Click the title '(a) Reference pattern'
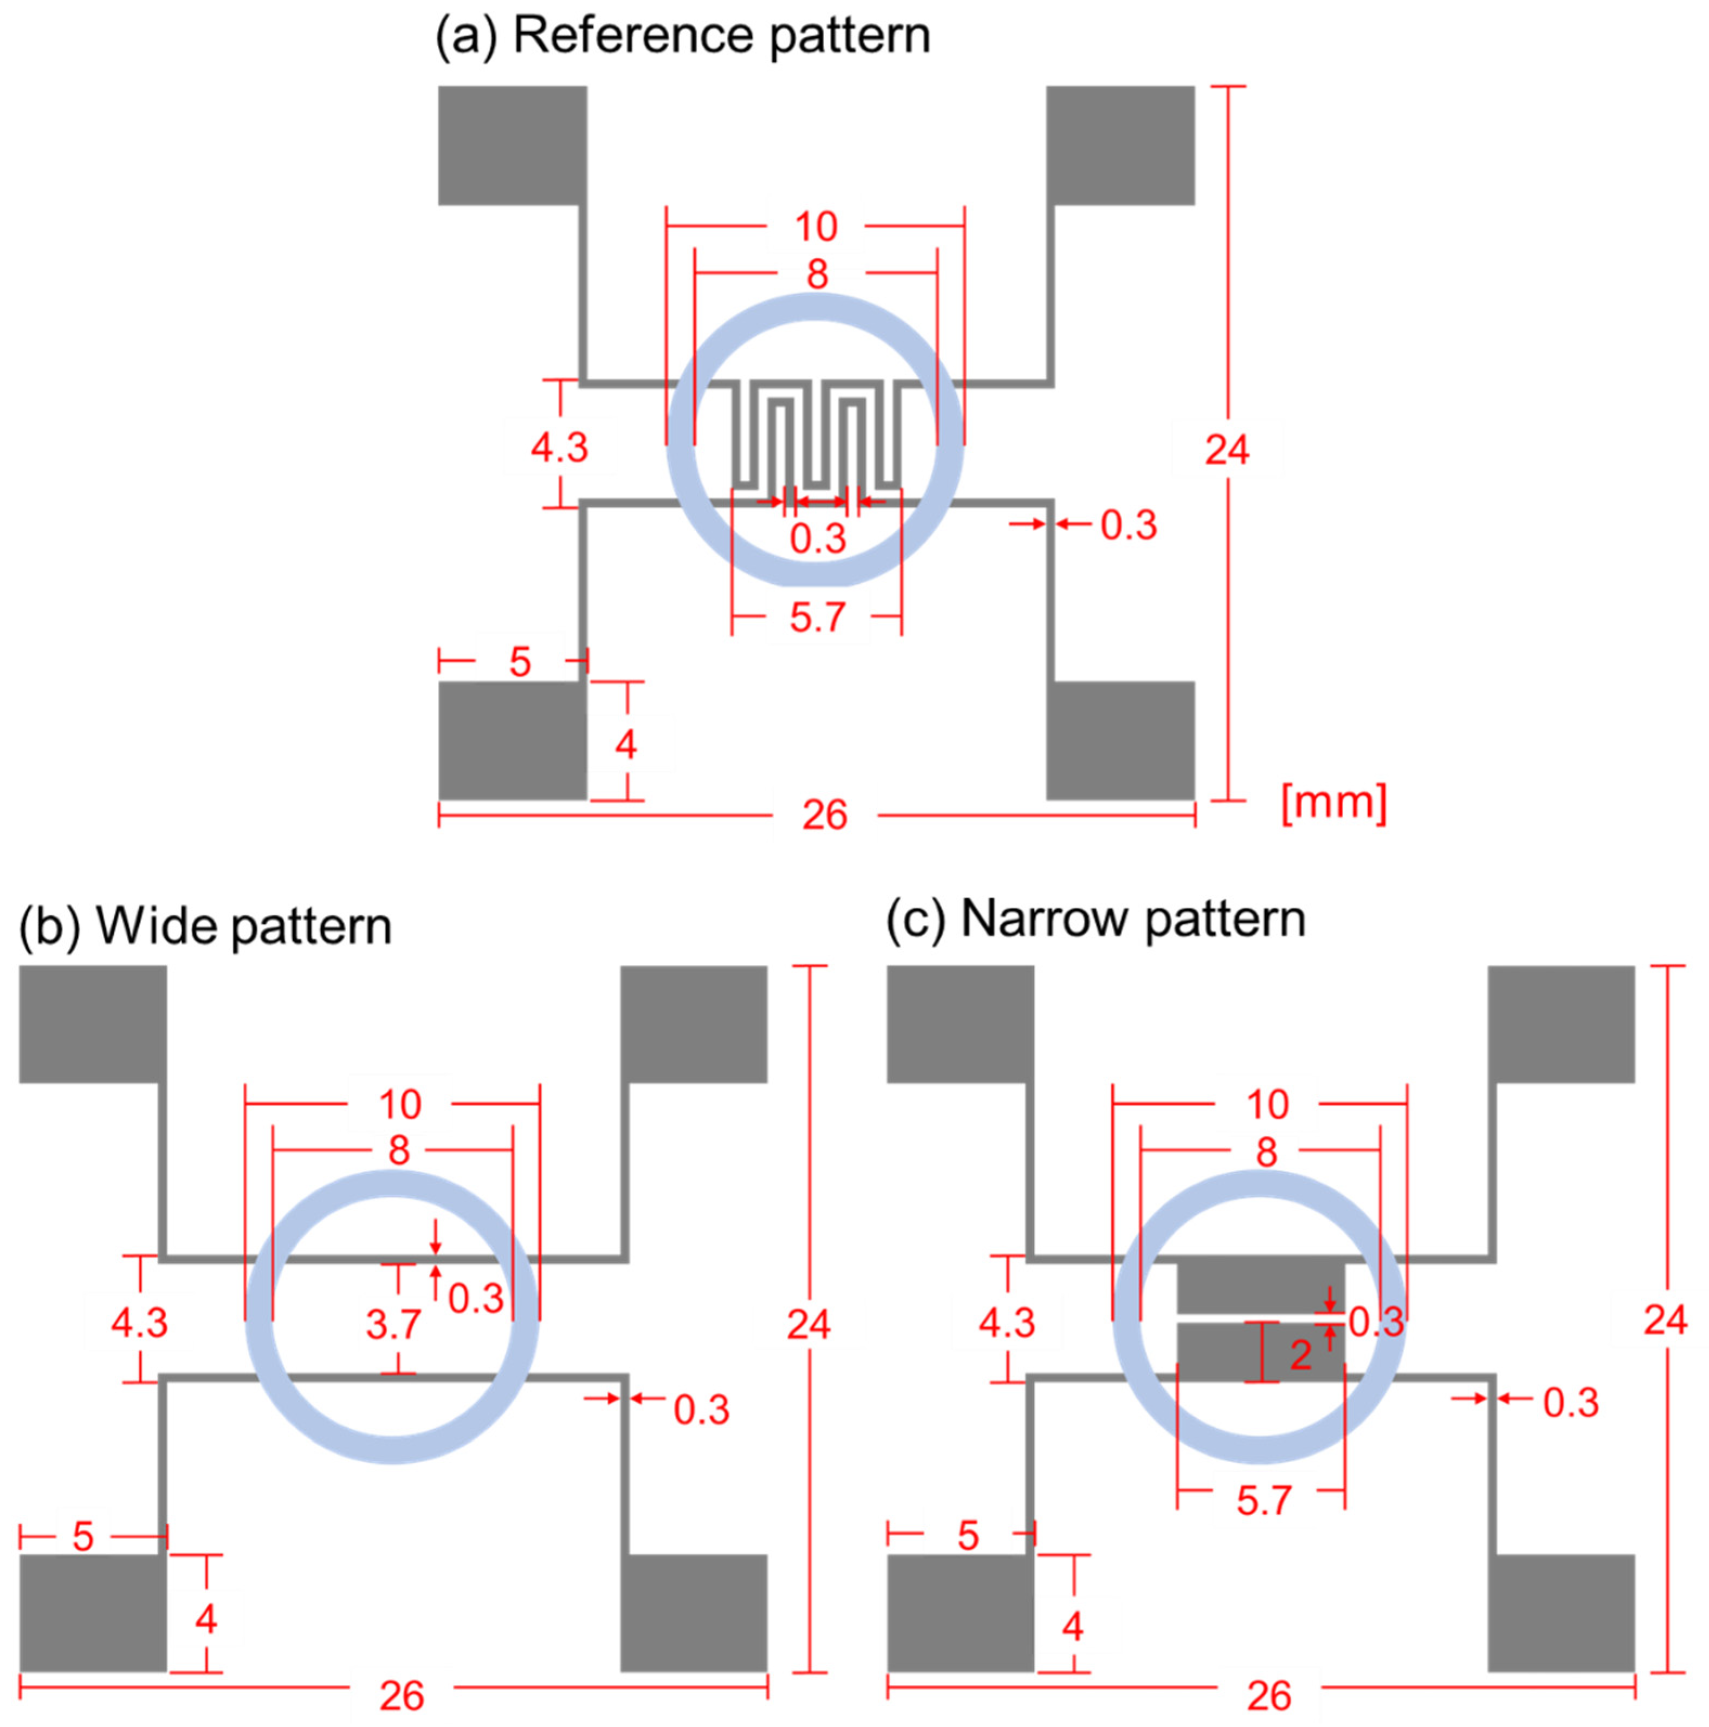682,37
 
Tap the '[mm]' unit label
1332,802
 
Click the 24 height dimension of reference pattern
1226,449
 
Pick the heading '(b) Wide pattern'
206,926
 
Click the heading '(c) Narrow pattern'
1096,919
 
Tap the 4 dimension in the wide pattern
206,1619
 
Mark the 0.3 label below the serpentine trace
818,539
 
